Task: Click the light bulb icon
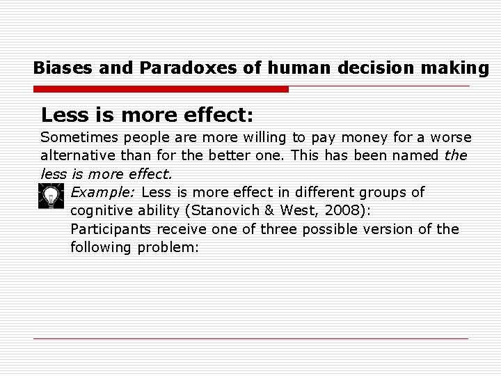click(x=50, y=197)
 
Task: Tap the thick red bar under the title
click(x=161, y=89)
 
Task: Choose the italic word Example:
click(x=103, y=191)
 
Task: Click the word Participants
click(x=109, y=228)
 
